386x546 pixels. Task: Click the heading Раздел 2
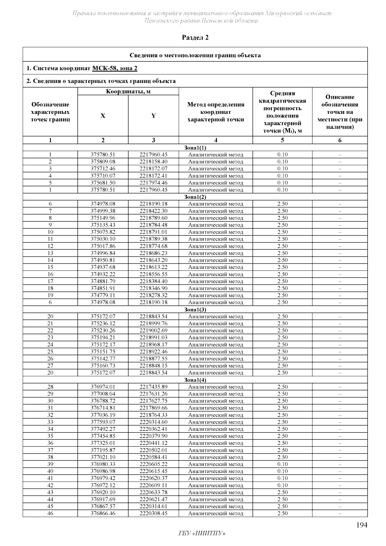point(195,38)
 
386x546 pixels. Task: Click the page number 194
point(362,525)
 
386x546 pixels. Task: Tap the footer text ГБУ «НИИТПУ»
point(202,533)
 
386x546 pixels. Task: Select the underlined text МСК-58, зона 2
point(115,68)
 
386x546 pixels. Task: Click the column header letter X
point(103,116)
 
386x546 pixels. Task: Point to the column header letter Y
point(153,116)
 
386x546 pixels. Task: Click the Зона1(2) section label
point(195,197)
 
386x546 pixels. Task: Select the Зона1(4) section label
point(195,380)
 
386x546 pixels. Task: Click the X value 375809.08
point(103,162)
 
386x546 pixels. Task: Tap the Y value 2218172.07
point(153,169)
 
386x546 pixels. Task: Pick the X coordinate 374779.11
point(103,295)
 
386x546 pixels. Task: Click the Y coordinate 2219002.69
point(153,330)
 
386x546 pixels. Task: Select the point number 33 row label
point(50,422)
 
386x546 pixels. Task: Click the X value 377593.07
point(103,422)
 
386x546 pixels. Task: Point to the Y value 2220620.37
point(153,478)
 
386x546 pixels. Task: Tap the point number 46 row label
point(50,514)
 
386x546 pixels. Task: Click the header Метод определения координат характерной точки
point(216,112)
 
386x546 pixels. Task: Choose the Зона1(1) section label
point(195,148)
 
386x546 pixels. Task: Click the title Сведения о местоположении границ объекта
point(195,55)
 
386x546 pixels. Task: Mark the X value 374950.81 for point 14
point(103,260)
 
